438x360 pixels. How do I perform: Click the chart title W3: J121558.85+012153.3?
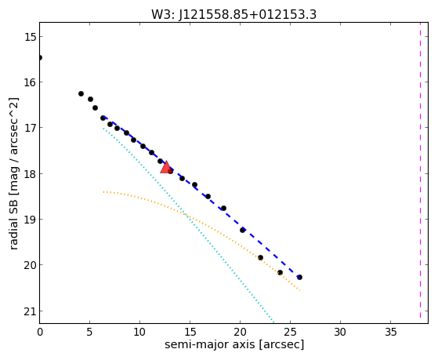tap(233, 15)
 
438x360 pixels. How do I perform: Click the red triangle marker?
tap(166, 168)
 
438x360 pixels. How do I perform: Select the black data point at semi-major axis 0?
tap(40, 57)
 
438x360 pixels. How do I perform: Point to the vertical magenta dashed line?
tap(420, 170)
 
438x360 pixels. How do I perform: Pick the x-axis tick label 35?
tap(390, 332)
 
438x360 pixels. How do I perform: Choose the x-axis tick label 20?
tap(240, 332)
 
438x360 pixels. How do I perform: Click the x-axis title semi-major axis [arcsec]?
tap(234, 344)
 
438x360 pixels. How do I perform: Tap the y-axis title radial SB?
tap(13, 221)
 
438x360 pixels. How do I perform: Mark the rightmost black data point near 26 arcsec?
tap(299, 277)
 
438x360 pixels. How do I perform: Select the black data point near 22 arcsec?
tap(260, 257)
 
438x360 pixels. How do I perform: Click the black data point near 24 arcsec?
tap(280, 272)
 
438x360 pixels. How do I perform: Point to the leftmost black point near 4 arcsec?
tap(81, 93)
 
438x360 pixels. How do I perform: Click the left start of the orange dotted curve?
tap(103, 192)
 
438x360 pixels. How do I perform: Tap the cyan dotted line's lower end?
tap(273, 322)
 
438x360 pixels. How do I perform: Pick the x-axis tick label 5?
tap(89, 332)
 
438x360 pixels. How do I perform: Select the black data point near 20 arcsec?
tap(242, 230)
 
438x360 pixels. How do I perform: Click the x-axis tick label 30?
tap(340, 332)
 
